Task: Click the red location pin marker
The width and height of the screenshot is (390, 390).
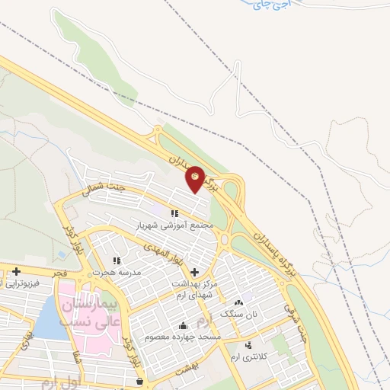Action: [x=195, y=178]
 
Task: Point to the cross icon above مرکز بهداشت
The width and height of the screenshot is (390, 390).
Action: [x=195, y=272]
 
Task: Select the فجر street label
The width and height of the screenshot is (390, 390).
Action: [x=62, y=272]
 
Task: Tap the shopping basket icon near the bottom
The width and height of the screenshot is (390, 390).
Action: [x=138, y=380]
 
